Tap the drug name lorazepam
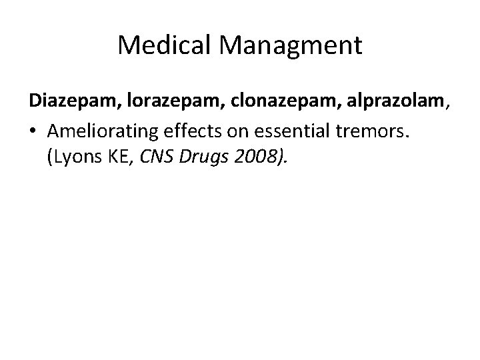tap(160, 101)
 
